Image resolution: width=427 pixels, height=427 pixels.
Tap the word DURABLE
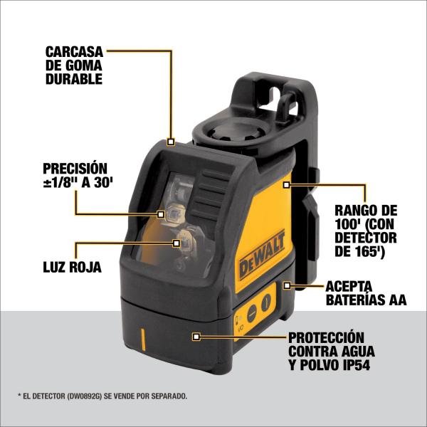[73, 79]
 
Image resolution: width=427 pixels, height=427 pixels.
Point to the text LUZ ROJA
[71, 268]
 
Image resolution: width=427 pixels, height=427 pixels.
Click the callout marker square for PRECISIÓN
[162, 213]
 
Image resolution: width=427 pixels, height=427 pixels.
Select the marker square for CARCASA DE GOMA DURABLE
[171, 141]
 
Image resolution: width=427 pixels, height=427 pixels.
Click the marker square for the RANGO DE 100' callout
[285, 185]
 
